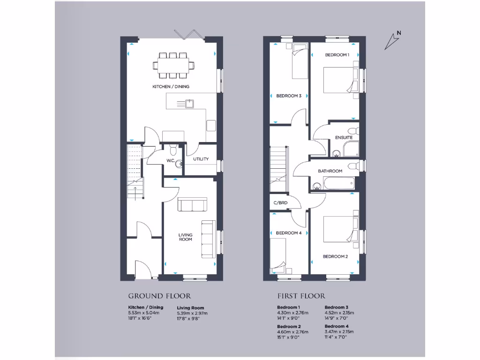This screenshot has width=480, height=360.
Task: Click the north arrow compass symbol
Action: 392,41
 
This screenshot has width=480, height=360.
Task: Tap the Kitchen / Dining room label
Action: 171,87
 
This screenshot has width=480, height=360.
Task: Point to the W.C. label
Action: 171,161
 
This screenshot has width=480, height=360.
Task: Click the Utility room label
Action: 201,159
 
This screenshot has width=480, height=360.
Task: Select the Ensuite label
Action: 343,137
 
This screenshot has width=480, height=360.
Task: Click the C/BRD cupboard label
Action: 280,203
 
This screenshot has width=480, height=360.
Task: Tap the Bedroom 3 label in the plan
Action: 288,96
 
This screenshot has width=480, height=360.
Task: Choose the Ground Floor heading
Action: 159,296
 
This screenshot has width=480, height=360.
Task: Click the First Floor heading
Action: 301,296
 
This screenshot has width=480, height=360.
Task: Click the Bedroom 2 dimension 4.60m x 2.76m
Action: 292,332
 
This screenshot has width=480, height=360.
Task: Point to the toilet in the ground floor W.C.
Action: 173,150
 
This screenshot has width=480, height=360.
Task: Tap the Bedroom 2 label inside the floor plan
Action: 335,256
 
